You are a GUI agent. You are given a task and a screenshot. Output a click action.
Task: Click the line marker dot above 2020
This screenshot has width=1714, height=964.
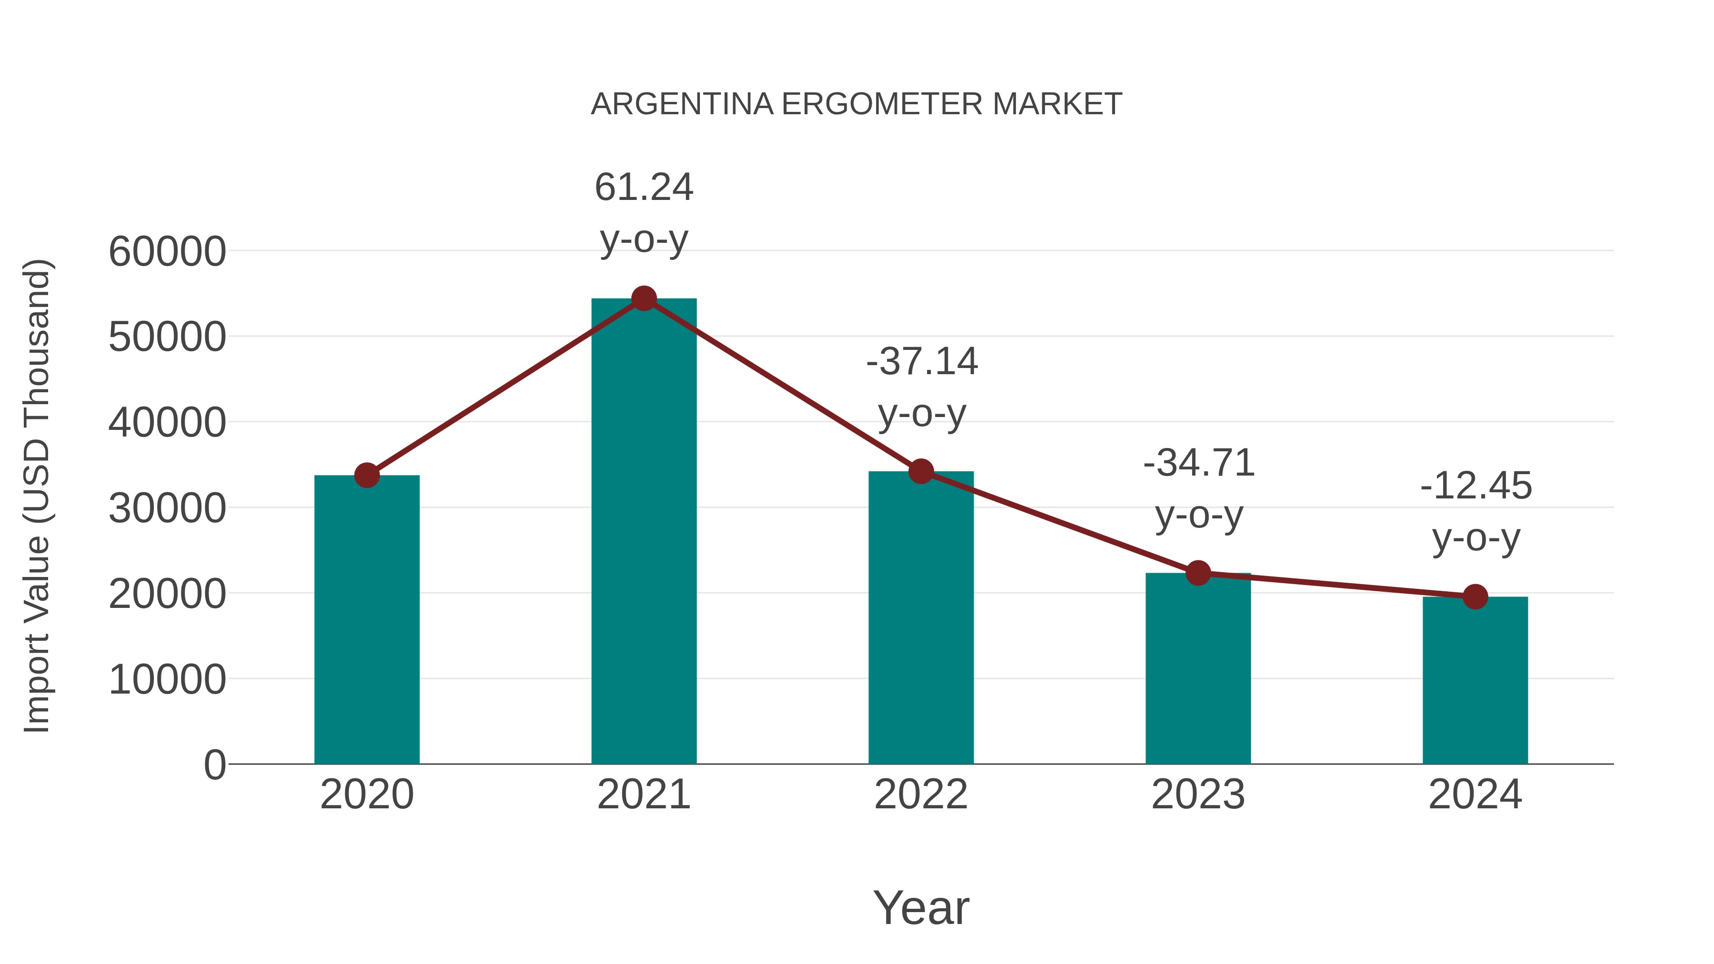click(x=367, y=475)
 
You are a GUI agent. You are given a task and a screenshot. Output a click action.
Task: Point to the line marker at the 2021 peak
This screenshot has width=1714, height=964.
click(x=643, y=298)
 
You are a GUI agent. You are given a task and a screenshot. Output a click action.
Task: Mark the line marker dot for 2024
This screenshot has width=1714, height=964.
click(x=1475, y=597)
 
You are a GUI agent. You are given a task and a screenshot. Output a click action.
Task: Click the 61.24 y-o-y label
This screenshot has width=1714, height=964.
click(x=643, y=212)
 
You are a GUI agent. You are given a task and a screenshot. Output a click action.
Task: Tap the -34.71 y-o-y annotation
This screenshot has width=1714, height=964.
click(x=1198, y=488)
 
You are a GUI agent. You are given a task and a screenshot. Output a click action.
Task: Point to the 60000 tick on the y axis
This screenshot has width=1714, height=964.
click(x=167, y=252)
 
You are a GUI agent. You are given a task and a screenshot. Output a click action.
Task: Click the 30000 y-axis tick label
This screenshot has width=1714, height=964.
click(x=167, y=509)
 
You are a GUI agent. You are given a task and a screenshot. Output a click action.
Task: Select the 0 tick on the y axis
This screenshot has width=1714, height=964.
click(x=214, y=765)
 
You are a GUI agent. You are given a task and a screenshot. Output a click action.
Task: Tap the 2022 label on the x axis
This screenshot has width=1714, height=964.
click(x=921, y=795)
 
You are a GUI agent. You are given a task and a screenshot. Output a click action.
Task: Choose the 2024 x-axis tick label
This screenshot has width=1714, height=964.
click(x=1475, y=795)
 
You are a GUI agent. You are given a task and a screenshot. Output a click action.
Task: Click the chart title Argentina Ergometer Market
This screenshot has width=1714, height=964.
click(x=857, y=104)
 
